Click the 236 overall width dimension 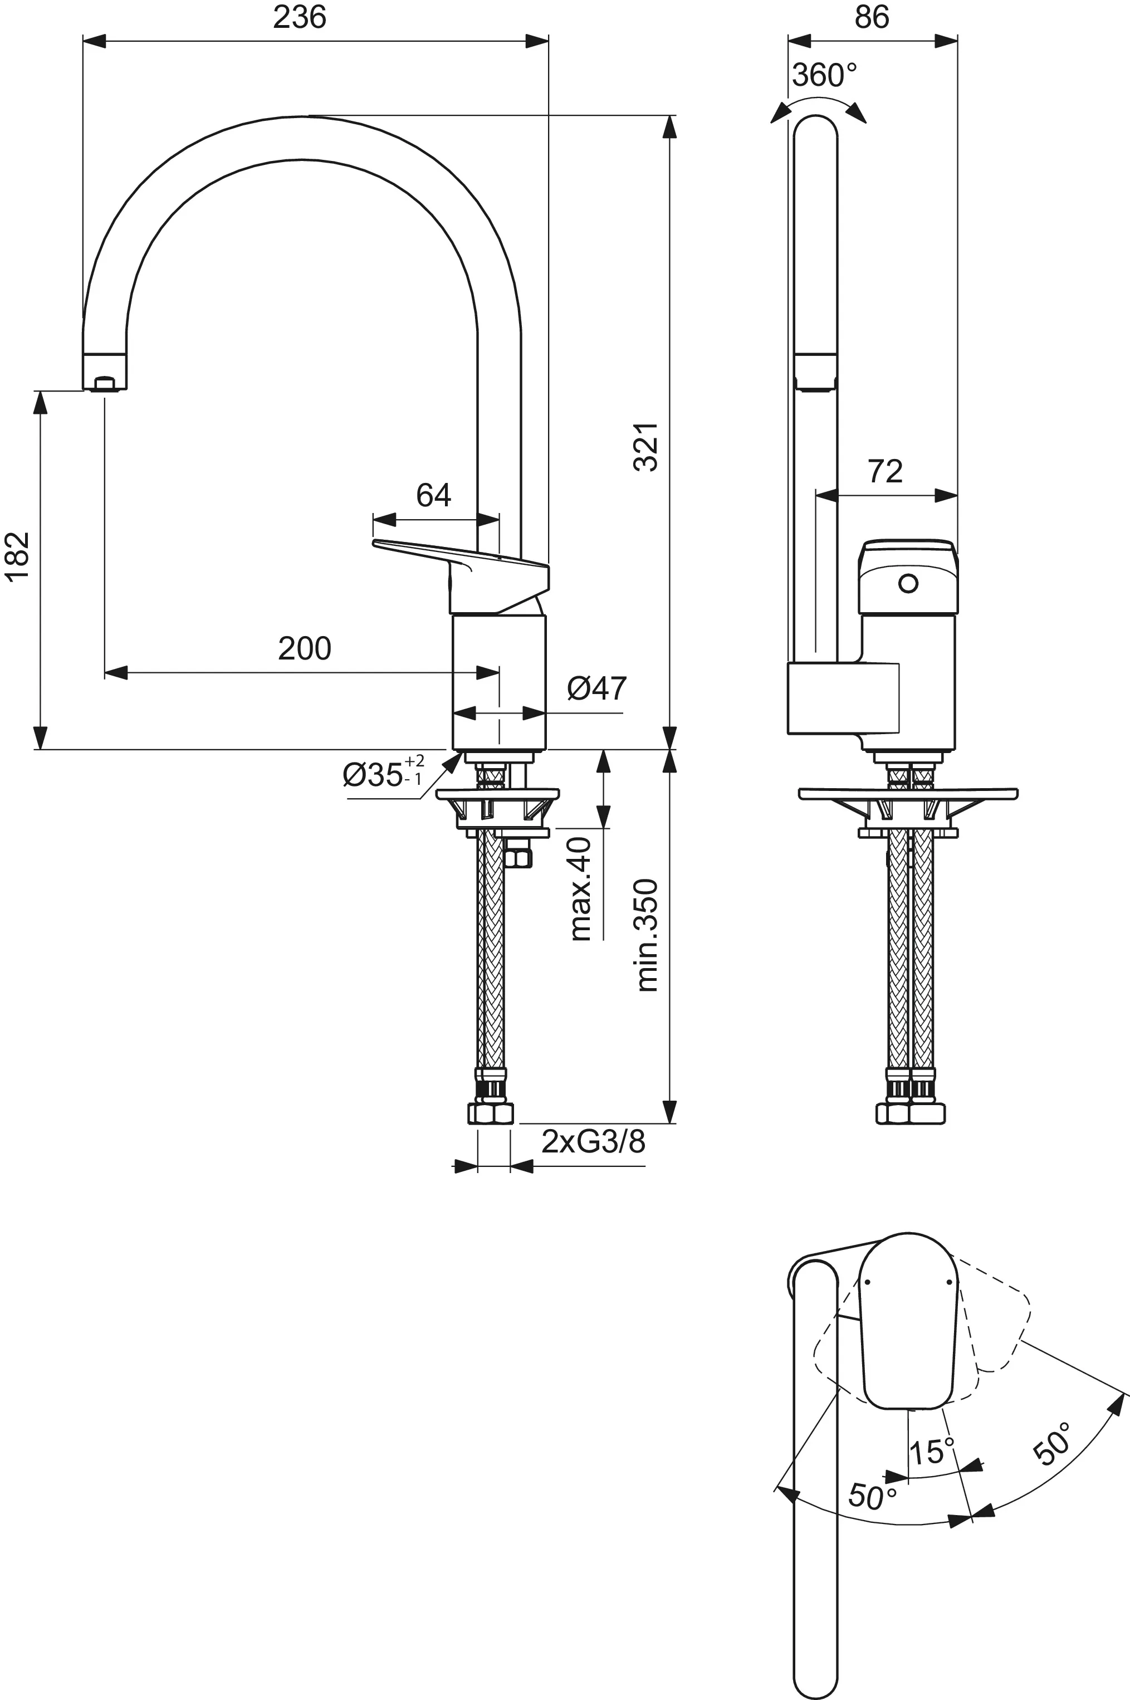pos(299,17)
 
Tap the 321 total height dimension pos(647,447)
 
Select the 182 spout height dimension pos(17,555)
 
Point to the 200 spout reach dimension pos(304,648)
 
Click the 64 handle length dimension pos(433,495)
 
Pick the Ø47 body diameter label pos(596,689)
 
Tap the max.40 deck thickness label pos(581,888)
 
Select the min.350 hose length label pos(647,935)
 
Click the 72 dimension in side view pos(885,472)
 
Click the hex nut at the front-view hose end pos(491,1114)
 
